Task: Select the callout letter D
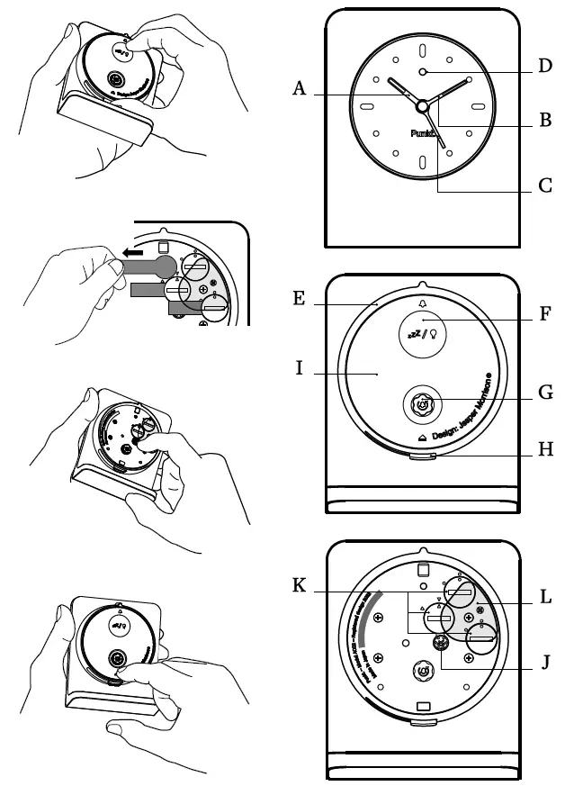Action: (x=544, y=67)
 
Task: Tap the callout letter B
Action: (x=544, y=120)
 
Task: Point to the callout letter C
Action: (x=544, y=187)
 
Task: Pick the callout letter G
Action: (x=544, y=393)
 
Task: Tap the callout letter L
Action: (x=544, y=597)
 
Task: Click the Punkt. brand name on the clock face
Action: (x=422, y=133)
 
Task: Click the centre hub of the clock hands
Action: (x=422, y=106)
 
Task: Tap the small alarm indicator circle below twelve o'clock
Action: (x=422, y=72)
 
